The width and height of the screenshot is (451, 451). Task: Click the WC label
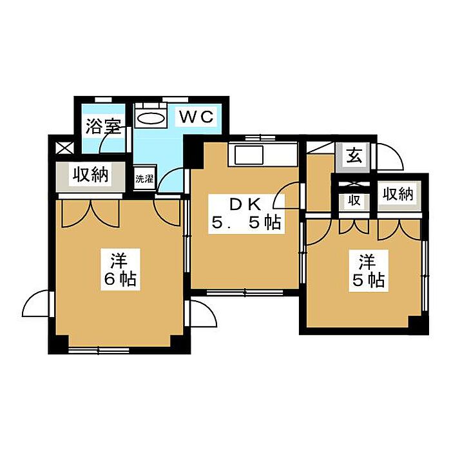coord(197,117)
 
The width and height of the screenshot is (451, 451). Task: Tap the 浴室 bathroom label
coord(103,126)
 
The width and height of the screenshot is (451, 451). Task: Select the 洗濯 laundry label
coord(144,179)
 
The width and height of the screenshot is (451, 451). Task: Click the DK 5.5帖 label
coord(246,213)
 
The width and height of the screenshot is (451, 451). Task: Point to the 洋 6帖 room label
coord(120,269)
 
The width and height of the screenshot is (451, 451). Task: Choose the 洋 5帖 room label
coord(369,271)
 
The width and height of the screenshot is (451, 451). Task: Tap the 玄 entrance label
coord(354,156)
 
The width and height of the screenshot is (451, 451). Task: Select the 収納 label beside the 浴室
coord(90,175)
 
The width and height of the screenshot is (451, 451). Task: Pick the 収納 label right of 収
coord(398,194)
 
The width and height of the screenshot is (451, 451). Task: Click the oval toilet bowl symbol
coord(151,118)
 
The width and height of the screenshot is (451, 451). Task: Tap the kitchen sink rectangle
coord(249,155)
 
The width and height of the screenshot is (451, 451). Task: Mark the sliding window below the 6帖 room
coord(99,350)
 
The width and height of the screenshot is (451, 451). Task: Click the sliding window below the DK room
coord(245,293)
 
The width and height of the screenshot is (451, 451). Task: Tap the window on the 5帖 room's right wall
coord(425,276)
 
